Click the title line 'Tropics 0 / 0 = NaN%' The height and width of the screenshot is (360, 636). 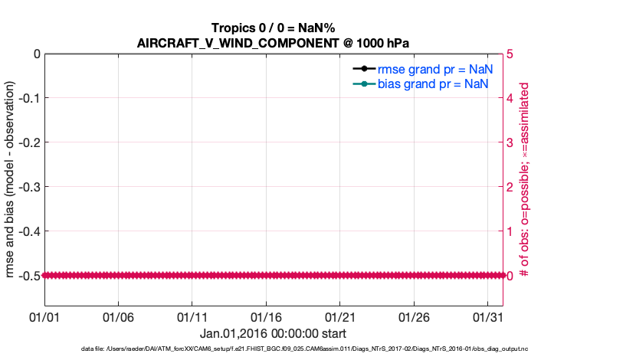(x=272, y=28)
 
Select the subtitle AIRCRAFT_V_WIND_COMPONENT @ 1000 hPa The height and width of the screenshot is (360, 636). (x=272, y=43)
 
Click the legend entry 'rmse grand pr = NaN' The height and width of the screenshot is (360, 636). (x=434, y=68)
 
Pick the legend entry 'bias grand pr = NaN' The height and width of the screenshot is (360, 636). (x=433, y=83)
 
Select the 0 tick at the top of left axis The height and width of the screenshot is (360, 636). (x=35, y=54)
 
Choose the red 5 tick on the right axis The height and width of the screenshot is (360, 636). (x=511, y=54)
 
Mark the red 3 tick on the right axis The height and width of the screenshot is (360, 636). (x=511, y=142)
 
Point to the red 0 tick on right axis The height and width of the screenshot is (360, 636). (x=511, y=275)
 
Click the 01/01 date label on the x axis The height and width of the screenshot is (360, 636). (x=44, y=316)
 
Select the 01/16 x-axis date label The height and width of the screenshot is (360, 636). (x=266, y=316)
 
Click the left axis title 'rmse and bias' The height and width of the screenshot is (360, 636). (x=10, y=164)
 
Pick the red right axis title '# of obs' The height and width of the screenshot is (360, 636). (x=525, y=164)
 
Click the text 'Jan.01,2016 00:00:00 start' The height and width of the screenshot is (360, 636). (x=273, y=333)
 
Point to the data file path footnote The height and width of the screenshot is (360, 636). (x=304, y=349)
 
